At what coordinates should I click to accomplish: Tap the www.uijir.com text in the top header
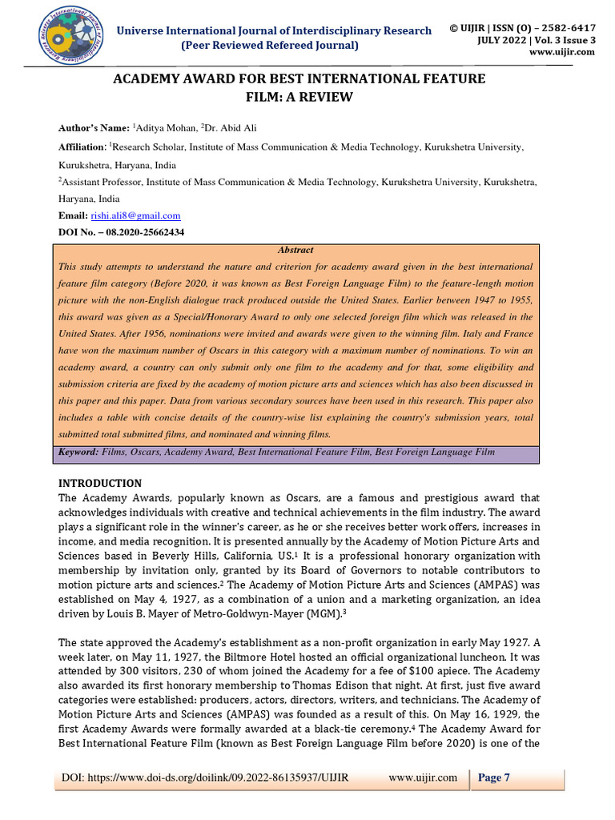(561, 51)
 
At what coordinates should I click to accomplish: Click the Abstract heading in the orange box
(295, 250)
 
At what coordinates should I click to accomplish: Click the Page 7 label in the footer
(494, 778)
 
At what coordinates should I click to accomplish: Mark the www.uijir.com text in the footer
(422, 778)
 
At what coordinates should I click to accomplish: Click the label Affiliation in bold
(82, 147)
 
